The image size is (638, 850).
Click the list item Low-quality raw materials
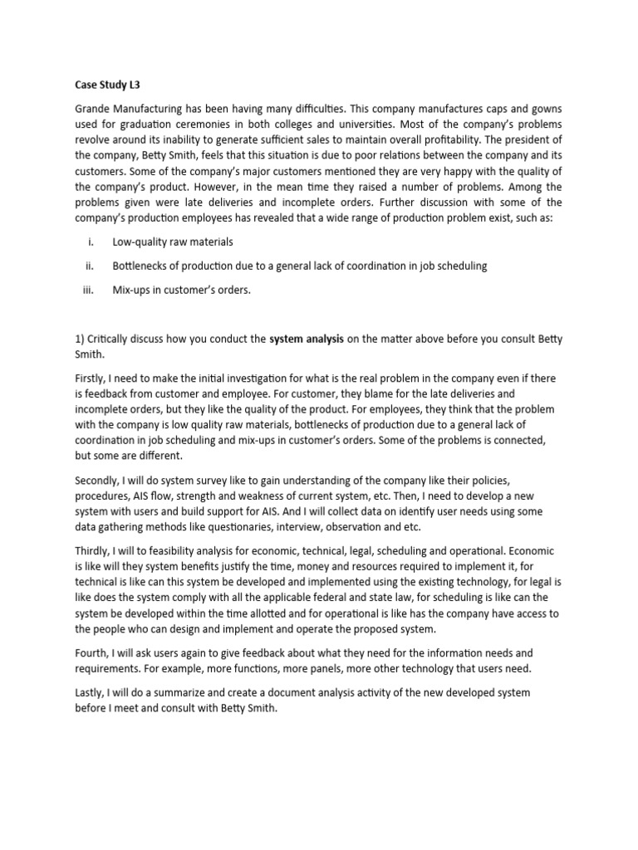coord(173,242)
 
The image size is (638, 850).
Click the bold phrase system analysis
coord(310,339)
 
